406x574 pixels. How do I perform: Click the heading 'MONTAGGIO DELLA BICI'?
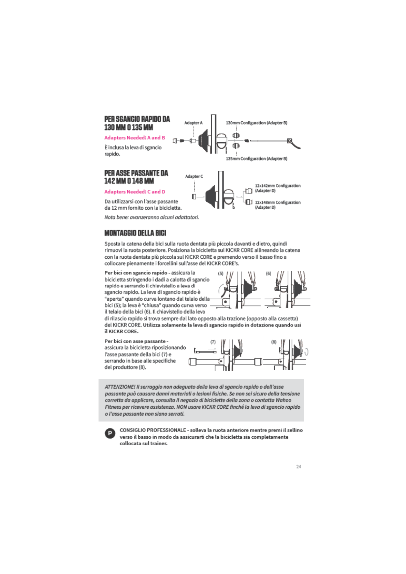point(135,233)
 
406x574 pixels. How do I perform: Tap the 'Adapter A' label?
point(193,123)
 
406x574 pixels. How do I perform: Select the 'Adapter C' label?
point(194,176)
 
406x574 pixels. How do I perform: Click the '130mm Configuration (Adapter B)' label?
point(256,123)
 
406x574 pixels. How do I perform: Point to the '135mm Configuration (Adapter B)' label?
point(256,158)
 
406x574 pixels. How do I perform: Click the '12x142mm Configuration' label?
point(278,186)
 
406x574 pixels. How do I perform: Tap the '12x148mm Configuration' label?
point(278,202)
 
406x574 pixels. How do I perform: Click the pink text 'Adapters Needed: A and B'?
point(135,138)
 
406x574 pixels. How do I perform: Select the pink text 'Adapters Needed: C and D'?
point(135,192)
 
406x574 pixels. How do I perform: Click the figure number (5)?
point(221,273)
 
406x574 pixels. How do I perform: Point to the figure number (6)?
point(269,273)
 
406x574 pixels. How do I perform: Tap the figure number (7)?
point(213,342)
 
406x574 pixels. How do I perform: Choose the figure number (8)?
point(274,342)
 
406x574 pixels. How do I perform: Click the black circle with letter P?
point(110,434)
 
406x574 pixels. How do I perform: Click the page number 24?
point(299,467)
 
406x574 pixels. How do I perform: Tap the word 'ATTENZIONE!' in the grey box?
point(120,387)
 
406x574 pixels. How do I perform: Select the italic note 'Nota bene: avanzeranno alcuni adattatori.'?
point(152,217)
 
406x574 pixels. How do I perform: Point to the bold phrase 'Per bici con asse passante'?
point(135,341)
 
